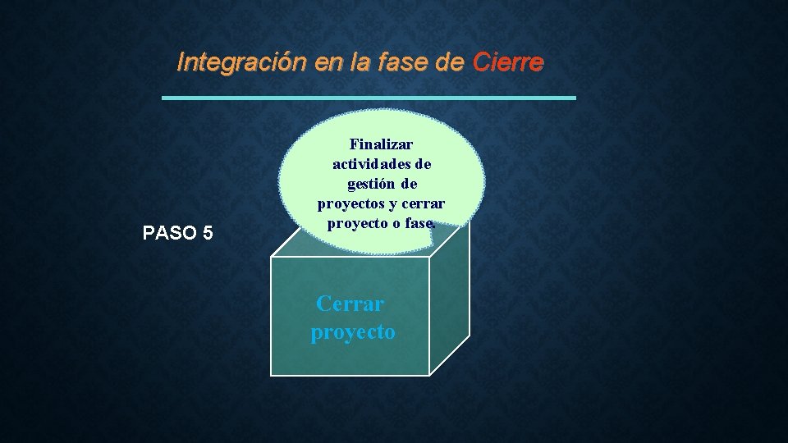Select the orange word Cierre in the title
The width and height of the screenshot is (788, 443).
[x=507, y=63]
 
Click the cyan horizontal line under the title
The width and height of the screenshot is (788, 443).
[x=369, y=98]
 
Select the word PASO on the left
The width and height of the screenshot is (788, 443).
[x=167, y=233]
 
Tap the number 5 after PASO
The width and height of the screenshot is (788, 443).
[x=207, y=233]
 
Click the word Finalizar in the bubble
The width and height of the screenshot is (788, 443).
[x=381, y=144]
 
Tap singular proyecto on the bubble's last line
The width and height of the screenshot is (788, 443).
[x=358, y=223]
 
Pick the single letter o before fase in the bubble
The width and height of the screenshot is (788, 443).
[x=398, y=223]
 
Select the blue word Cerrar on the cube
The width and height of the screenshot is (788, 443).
[x=350, y=304]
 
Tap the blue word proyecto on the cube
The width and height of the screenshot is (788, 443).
[x=353, y=332]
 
